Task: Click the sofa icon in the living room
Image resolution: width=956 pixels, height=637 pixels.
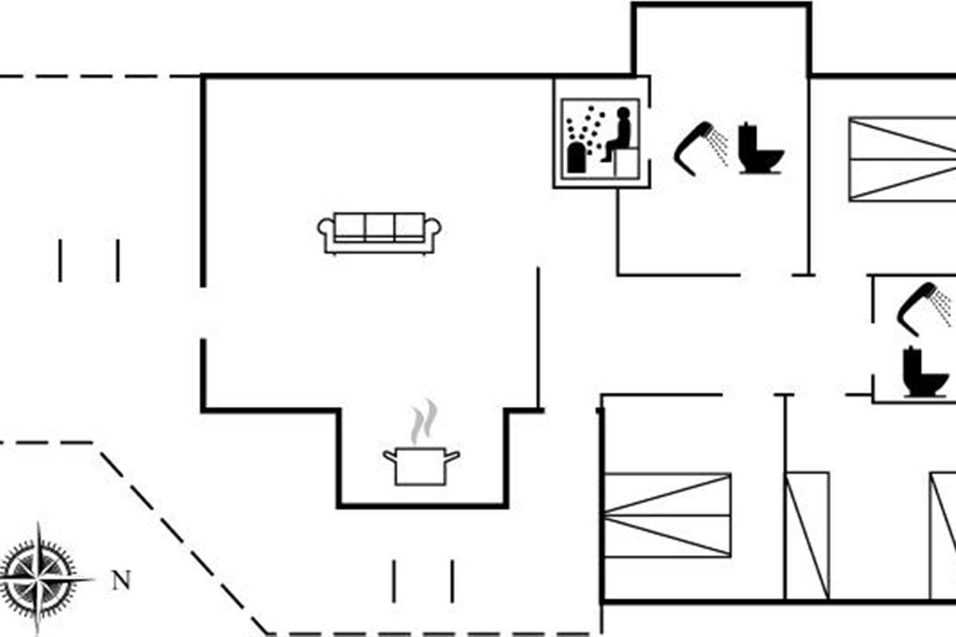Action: [380, 233]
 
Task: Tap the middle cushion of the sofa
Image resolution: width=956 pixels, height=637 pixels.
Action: [380, 226]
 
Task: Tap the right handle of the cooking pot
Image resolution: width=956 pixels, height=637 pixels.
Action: [453, 456]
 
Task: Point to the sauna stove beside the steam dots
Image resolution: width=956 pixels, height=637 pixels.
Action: [577, 159]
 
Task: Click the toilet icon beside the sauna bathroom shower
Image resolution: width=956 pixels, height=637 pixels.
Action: [758, 149]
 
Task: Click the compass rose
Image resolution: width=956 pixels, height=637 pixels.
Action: [38, 576]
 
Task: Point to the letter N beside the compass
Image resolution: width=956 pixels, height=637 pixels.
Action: [120, 580]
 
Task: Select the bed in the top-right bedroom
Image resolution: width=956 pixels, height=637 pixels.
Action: [902, 158]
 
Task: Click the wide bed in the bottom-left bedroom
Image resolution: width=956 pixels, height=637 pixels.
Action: [668, 514]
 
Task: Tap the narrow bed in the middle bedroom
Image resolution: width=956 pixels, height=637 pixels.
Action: [807, 535]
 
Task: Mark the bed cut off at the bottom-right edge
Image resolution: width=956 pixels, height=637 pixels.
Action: [943, 535]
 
